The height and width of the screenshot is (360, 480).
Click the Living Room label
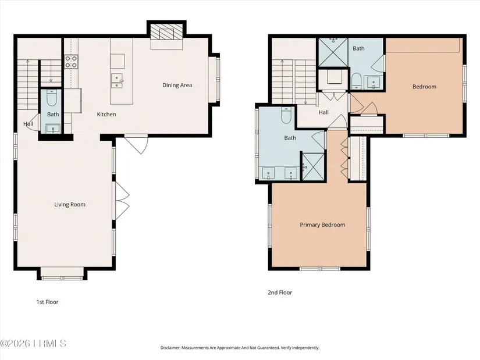coord(70,205)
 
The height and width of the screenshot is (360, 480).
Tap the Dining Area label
coord(177,85)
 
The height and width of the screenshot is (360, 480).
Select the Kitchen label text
coord(106,115)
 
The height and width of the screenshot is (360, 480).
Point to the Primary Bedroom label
coord(323,224)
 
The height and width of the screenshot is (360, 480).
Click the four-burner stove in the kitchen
coord(71,61)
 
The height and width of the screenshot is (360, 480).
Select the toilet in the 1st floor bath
coord(51,98)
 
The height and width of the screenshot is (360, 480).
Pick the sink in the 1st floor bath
coord(53,129)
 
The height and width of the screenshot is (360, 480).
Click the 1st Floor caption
coord(48,302)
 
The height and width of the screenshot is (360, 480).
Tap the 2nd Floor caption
coord(280,293)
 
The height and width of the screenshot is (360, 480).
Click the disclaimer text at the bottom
coord(240,348)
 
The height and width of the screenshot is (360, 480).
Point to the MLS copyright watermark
coord(33,344)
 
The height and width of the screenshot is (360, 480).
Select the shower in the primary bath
coord(313,167)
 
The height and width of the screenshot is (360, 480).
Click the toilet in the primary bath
coord(286,115)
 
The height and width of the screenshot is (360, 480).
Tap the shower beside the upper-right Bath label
coord(333,52)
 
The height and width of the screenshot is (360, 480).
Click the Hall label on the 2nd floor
coord(323,112)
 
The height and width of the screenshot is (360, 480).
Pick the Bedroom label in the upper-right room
coord(424,87)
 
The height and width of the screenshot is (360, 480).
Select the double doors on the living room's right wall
coord(122,201)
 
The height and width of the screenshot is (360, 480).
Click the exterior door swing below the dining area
coord(137,144)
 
